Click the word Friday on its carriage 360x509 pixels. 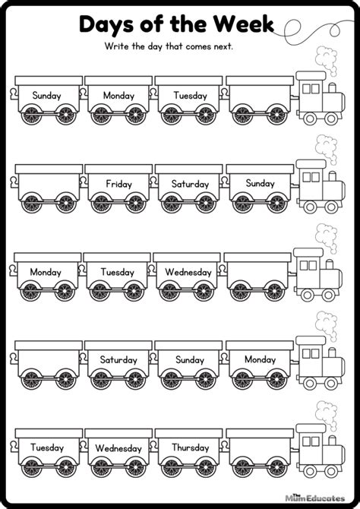(118, 184)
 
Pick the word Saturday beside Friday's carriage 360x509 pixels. (190, 184)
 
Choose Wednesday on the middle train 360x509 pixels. (189, 271)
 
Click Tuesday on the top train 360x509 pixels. (190, 96)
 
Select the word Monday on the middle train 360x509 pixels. (45, 271)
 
